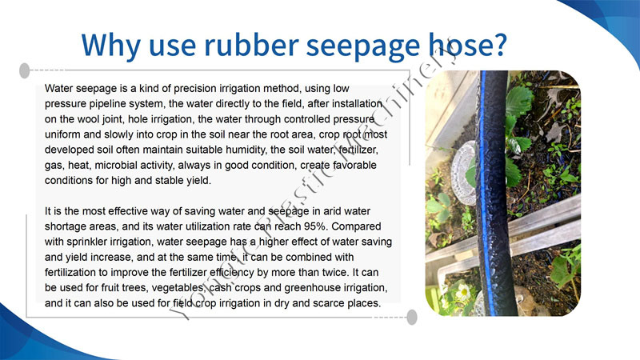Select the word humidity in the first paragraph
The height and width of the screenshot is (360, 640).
coord(245,150)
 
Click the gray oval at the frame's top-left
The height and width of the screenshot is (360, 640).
coord(25,70)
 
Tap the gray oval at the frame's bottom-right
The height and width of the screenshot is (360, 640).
coord(412,317)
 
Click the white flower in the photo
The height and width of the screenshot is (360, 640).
coord(463,292)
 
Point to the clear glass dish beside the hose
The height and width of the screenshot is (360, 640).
coord(464,173)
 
